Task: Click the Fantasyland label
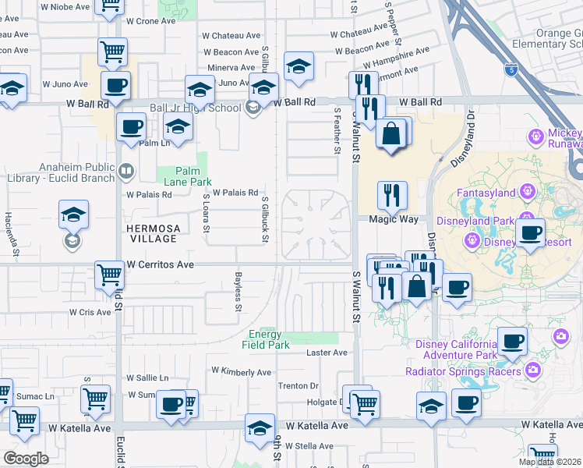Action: tap(486, 192)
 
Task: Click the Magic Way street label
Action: tap(393, 220)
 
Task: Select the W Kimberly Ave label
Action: tap(242, 372)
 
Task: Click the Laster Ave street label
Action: tap(327, 353)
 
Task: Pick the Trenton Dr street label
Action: tap(299, 386)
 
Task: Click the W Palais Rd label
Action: tap(235, 193)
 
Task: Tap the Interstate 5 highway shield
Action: tap(511, 69)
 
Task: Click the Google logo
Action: tap(26, 458)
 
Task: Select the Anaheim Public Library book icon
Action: tap(125, 169)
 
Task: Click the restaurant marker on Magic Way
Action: tap(391, 195)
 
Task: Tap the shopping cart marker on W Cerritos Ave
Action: tap(109, 275)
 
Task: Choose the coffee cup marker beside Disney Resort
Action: tap(530, 233)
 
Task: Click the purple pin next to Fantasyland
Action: tap(527, 190)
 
